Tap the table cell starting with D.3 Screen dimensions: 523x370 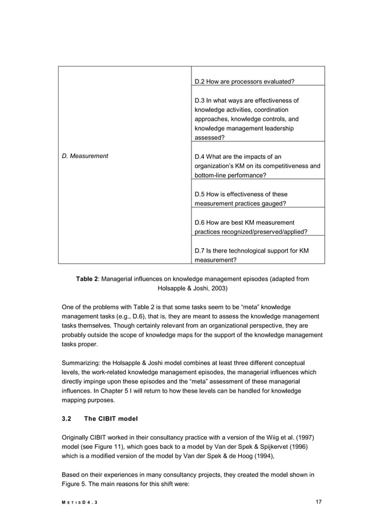(x=257, y=119)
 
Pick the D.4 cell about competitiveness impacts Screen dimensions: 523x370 (x=257, y=165)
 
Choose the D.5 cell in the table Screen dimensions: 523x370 (x=257, y=199)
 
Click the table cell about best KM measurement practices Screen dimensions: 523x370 (x=257, y=226)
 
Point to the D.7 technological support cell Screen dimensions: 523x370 (x=257, y=255)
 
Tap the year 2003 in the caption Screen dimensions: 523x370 (x=216, y=287)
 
